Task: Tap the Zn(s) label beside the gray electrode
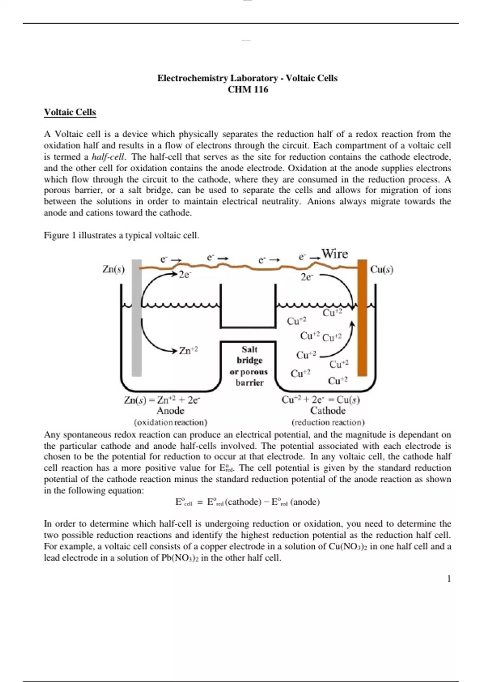click(x=113, y=269)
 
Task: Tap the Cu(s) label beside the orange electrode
click(x=382, y=269)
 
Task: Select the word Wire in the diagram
click(x=335, y=254)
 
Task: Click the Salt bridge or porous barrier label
click(x=249, y=366)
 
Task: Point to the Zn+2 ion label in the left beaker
click(x=188, y=351)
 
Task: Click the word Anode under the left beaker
click(x=170, y=411)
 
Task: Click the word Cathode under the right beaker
click(x=328, y=411)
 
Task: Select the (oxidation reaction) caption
click(x=170, y=422)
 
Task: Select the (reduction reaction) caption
click(x=328, y=422)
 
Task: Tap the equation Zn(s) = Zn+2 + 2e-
click(x=162, y=400)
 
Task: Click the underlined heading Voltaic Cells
click(x=70, y=112)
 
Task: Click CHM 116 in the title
click(x=247, y=89)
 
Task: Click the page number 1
click(x=449, y=578)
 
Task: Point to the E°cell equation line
click(x=247, y=502)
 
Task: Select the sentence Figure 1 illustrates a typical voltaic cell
click(x=121, y=235)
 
